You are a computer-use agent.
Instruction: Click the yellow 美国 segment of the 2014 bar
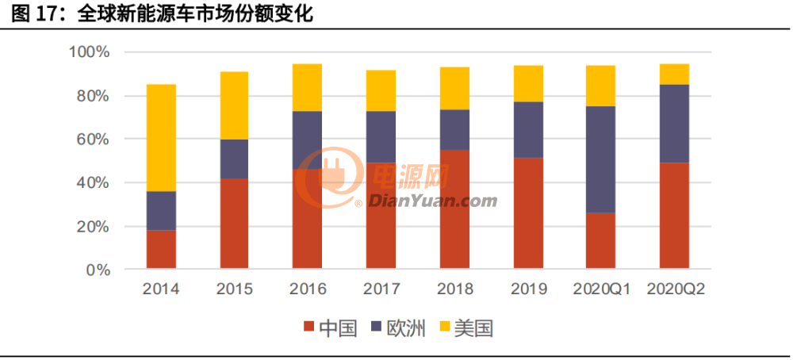[161, 137]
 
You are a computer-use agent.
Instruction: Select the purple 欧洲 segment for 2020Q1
[600, 159]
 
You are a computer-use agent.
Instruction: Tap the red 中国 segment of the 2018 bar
[454, 209]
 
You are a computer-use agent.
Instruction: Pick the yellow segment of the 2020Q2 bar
[674, 74]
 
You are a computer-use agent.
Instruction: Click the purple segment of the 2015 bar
[234, 159]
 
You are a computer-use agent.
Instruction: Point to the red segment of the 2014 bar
[161, 249]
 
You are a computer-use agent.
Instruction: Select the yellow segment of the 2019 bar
[528, 83]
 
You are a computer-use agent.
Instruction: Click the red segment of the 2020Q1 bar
[600, 241]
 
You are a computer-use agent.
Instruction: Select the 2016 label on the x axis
[308, 290]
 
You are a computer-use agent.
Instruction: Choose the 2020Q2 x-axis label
[675, 290]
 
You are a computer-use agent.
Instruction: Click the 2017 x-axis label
[381, 290]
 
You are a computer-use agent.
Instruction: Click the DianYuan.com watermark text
[432, 201]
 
